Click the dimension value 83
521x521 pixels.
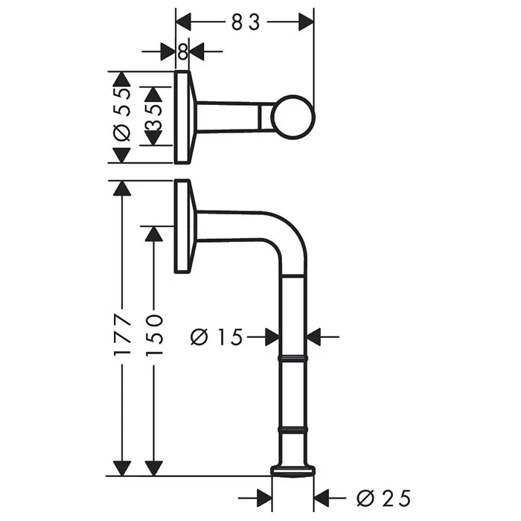click(x=245, y=22)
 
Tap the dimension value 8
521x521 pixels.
click(x=183, y=52)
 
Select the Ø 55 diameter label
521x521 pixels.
click(x=122, y=115)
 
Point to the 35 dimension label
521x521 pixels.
click(x=153, y=118)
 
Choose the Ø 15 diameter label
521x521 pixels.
click(x=217, y=337)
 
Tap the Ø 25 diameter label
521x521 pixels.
click(x=384, y=498)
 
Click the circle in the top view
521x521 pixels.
click(x=293, y=118)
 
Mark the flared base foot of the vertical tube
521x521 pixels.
click(x=293, y=471)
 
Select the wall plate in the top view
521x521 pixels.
click(x=182, y=118)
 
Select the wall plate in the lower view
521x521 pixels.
click(x=182, y=226)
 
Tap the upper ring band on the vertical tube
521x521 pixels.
click(x=293, y=359)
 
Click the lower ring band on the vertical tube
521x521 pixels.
click(x=293, y=429)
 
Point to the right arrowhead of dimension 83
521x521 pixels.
click(x=306, y=22)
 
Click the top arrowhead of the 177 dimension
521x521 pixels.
click(x=122, y=188)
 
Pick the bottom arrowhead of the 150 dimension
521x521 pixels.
click(x=154, y=468)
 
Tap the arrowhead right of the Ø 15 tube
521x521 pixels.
click(x=313, y=337)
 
